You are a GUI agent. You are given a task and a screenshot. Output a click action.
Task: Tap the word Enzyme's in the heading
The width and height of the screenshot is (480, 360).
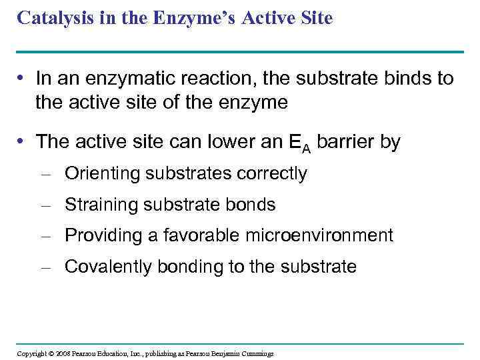click(x=191, y=19)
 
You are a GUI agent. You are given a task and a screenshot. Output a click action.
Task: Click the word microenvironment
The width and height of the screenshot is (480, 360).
click(x=330, y=235)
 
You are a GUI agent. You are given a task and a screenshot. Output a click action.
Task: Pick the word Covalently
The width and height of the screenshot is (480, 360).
click(x=109, y=267)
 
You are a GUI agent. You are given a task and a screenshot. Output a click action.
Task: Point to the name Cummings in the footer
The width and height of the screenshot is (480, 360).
click(x=257, y=353)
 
